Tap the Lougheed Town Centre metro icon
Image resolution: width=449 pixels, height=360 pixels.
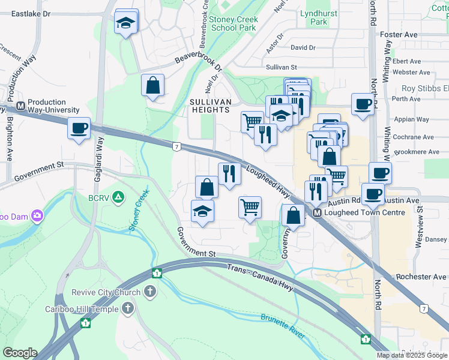pyautogui.click(x=317, y=213)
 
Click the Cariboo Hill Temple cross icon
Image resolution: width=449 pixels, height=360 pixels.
pyautogui.click(x=127, y=309)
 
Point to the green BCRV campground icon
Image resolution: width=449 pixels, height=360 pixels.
pyautogui.click(x=119, y=196)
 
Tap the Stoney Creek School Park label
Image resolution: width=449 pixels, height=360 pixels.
pyautogui.click(x=234, y=23)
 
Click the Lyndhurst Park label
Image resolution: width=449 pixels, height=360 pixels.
pyautogui.click(x=315, y=17)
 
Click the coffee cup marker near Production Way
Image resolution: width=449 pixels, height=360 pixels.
pyautogui.click(x=79, y=128)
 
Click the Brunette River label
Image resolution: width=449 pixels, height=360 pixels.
pyautogui.click(x=283, y=326)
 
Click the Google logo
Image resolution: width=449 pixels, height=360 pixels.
pyautogui.click(x=20, y=353)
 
